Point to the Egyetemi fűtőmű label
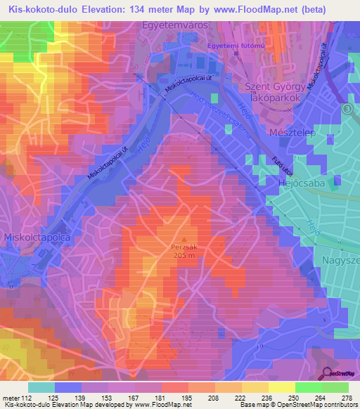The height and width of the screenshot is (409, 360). coord(235,46)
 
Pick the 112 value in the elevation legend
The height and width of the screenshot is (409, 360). coord(20,397)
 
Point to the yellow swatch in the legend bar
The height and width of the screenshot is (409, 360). coord(281,387)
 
